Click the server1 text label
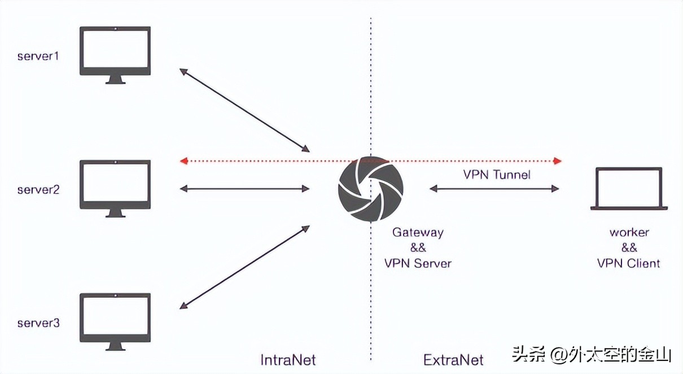(x=38, y=56)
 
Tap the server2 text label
(x=38, y=190)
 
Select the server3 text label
(x=38, y=323)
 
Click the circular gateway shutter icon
(x=371, y=189)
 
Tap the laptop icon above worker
(x=629, y=189)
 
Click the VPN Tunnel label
(x=497, y=175)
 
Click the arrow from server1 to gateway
(x=244, y=111)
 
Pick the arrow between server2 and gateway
(x=244, y=189)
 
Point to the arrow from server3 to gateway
(x=244, y=267)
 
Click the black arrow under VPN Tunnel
(x=494, y=189)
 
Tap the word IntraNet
(x=288, y=360)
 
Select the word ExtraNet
(x=453, y=360)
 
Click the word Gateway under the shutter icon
(x=418, y=232)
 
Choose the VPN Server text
(x=418, y=263)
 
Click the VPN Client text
(x=629, y=263)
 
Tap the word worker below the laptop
(x=629, y=232)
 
